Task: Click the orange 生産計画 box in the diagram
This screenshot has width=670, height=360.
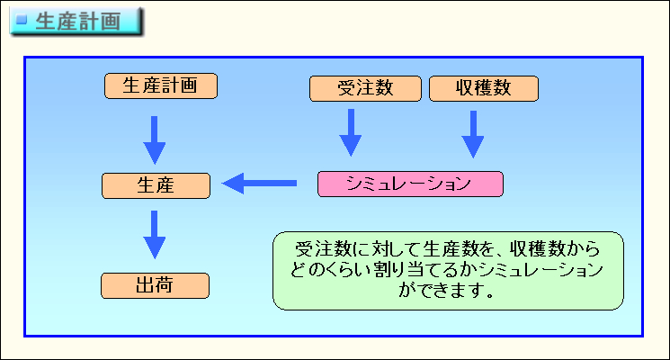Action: [x=161, y=85]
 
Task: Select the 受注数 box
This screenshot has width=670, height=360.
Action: [x=365, y=88]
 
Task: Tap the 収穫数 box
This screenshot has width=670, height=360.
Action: [x=484, y=88]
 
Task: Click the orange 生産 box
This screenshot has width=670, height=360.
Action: [x=156, y=185]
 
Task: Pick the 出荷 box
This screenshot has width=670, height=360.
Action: [x=155, y=285]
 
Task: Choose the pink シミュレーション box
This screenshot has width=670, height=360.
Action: [x=410, y=184]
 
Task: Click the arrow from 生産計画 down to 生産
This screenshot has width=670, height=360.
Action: [x=155, y=140]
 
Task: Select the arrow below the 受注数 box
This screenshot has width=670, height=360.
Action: [x=351, y=132]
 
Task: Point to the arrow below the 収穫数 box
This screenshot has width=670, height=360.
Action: [x=473, y=135]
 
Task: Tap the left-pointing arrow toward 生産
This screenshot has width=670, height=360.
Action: [x=259, y=184]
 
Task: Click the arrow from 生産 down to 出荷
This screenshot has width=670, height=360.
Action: [x=155, y=235]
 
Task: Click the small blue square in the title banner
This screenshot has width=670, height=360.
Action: [x=22, y=19]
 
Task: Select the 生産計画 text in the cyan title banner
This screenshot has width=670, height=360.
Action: [x=78, y=22]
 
